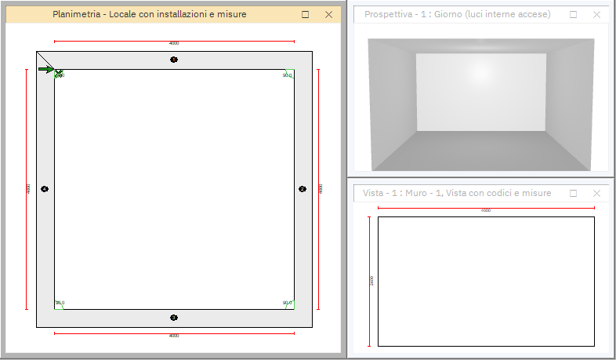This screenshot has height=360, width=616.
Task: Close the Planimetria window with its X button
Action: pyautogui.click(x=328, y=14)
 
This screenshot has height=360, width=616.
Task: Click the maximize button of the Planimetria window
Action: pyautogui.click(x=306, y=14)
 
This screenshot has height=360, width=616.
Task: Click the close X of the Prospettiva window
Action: pyautogui.click(x=596, y=14)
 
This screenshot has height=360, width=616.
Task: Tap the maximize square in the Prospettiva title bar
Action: pyautogui.click(x=573, y=14)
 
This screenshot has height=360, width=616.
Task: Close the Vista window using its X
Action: pyautogui.click(x=596, y=193)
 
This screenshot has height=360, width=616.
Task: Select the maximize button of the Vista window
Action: pyautogui.click(x=573, y=193)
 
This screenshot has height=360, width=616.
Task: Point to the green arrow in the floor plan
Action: pyautogui.click(x=45, y=70)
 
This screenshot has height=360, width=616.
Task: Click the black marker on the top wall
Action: pyautogui.click(x=174, y=60)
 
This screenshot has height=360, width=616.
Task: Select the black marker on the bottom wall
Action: pyautogui.click(x=174, y=318)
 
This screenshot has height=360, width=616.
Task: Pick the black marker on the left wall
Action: pyautogui.click(x=45, y=189)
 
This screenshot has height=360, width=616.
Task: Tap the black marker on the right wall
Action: pyautogui.click(x=303, y=188)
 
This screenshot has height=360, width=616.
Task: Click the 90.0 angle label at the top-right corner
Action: pyautogui.click(x=286, y=75)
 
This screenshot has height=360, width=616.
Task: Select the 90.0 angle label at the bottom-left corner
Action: pyautogui.click(x=60, y=303)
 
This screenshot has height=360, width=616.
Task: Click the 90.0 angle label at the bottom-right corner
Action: pyautogui.click(x=286, y=303)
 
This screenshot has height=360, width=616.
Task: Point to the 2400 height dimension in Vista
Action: pyautogui.click(x=371, y=281)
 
